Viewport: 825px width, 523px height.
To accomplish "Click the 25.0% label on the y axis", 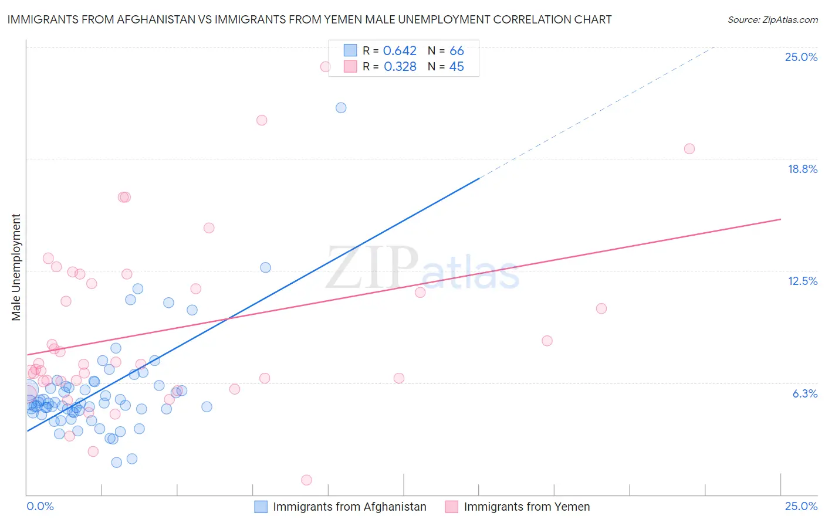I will tap(801, 57).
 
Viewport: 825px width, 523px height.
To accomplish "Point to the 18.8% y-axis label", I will tap(802, 169).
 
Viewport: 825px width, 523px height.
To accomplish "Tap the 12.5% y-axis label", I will tap(802, 281).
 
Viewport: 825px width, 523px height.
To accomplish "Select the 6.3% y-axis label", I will tap(804, 393).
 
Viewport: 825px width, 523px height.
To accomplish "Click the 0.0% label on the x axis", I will tap(40, 506).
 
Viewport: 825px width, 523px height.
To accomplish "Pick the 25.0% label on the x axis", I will tap(801, 506).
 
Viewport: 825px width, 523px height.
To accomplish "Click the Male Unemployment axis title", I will tap(16, 267).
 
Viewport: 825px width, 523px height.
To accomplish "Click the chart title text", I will tap(309, 19).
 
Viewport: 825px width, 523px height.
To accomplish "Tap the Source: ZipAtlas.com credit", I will tap(772, 19).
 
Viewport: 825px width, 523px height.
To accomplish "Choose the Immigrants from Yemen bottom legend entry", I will tap(526, 507).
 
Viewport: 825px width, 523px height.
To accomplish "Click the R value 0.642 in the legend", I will tap(400, 51).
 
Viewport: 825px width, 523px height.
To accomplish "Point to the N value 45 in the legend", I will tap(456, 67).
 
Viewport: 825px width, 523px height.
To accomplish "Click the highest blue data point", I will tap(341, 108).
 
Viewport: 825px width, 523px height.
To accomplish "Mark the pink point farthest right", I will tap(689, 149).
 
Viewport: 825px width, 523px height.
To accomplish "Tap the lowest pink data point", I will tap(306, 480).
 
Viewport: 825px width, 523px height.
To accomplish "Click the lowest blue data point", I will tap(117, 463).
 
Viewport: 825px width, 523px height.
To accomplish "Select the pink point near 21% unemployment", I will tap(262, 120).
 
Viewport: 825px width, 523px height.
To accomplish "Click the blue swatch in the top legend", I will tap(350, 51).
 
